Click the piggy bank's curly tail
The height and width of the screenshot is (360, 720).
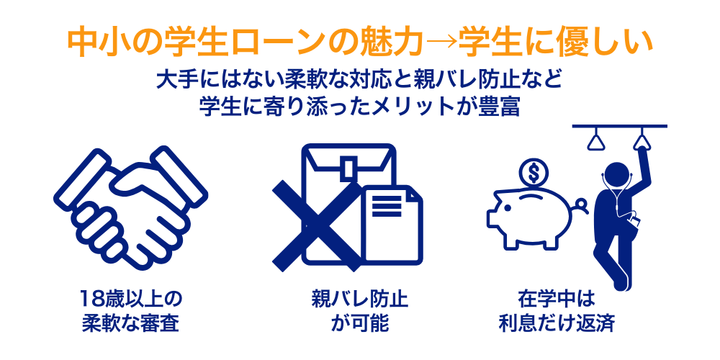(580, 206)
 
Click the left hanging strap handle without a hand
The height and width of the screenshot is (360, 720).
(595, 139)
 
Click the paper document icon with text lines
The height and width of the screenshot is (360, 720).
(392, 224)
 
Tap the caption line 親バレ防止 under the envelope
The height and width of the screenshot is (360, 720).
(359, 299)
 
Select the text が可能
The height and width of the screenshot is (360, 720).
(359, 323)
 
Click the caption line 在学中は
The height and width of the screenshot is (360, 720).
(556, 299)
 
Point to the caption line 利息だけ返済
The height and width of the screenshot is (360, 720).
(556, 323)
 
